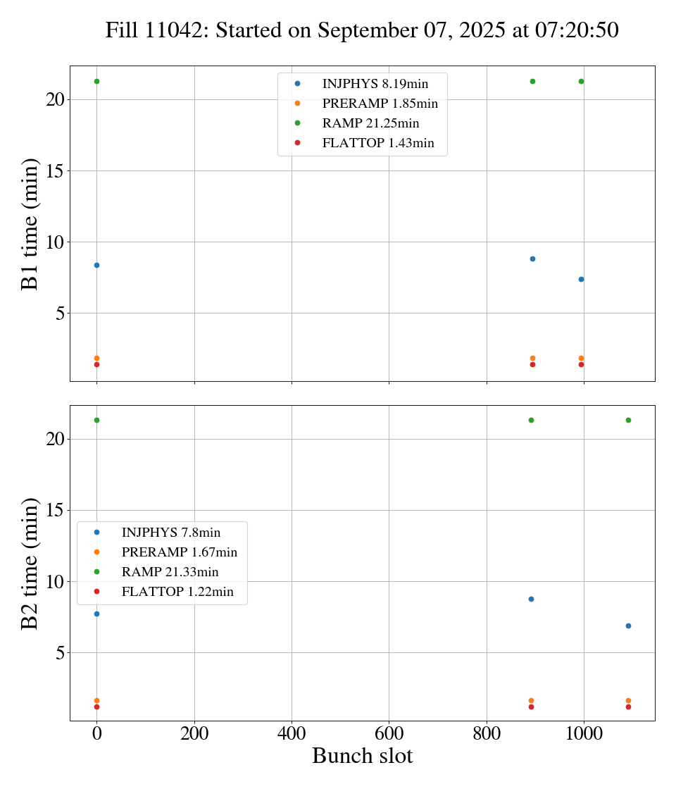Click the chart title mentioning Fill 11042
pyautogui.click(x=362, y=30)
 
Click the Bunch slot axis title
pyautogui.click(x=362, y=756)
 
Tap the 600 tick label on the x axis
pyautogui.click(x=389, y=733)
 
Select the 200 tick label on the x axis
pyautogui.click(x=194, y=733)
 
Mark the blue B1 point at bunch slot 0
pyautogui.click(x=96, y=265)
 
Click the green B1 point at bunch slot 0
pyautogui.click(x=96, y=81)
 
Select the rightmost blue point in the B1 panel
pyautogui.click(x=581, y=279)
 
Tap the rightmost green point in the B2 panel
pyautogui.click(x=628, y=420)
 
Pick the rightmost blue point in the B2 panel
pyautogui.click(x=628, y=626)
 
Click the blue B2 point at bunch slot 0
pyautogui.click(x=96, y=614)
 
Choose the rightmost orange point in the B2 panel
pyautogui.click(x=628, y=700)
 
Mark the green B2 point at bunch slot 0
pyautogui.click(x=96, y=420)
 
